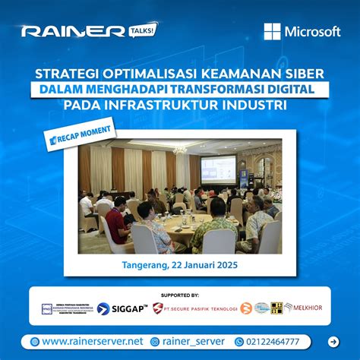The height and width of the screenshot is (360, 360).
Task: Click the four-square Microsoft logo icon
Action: click(x=272, y=31)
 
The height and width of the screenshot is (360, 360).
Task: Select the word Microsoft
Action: click(x=312, y=32)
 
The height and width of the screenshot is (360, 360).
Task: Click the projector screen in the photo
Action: click(x=217, y=169)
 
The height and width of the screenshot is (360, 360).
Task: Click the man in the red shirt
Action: click(x=115, y=222)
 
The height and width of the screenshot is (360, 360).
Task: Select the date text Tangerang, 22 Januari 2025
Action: click(x=179, y=265)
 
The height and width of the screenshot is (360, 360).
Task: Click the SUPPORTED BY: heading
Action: click(x=180, y=294)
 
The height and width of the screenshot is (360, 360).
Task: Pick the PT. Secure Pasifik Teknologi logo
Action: click(x=194, y=308)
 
